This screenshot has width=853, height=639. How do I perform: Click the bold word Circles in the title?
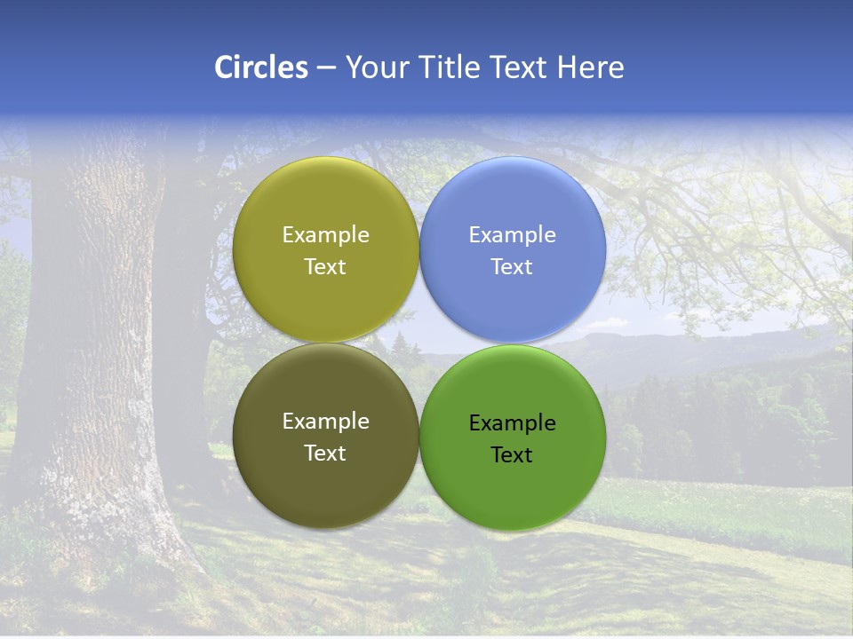(260, 67)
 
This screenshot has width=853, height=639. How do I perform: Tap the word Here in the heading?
(590, 67)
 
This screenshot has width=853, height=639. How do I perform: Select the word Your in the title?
(377, 67)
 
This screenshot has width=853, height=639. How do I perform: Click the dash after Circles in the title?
(325, 68)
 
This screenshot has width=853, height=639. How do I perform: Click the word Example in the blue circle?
(512, 235)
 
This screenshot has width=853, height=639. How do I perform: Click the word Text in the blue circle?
(512, 267)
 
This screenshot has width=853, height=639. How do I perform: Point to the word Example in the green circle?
(512, 423)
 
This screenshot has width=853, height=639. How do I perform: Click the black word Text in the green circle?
(512, 455)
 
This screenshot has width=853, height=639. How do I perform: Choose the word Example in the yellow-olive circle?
(325, 235)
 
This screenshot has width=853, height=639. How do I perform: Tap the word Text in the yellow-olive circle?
(325, 267)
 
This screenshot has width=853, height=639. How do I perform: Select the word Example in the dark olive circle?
(325, 422)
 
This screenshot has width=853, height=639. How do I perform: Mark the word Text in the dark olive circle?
(325, 454)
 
